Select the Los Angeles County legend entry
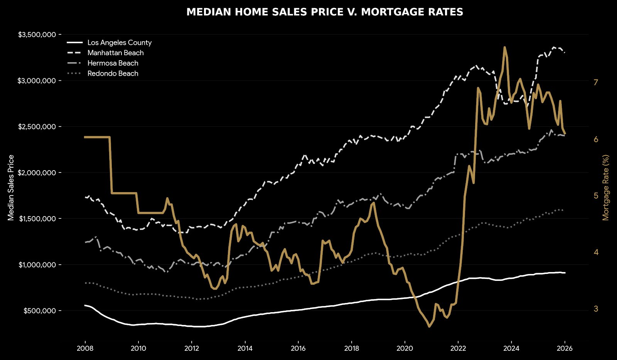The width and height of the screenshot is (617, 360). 119,43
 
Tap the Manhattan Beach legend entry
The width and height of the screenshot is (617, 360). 115,53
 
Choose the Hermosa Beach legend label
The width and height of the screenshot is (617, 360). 113,63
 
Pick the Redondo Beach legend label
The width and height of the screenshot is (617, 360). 113,74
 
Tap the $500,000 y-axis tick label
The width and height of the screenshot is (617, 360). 39,311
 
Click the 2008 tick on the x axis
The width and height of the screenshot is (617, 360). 85,349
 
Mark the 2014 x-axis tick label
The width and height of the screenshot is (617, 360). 245,349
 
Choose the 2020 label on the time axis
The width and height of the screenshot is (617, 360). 405,349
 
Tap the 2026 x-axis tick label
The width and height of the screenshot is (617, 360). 565,349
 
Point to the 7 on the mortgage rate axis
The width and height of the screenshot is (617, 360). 596,82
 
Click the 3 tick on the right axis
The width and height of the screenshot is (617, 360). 596,309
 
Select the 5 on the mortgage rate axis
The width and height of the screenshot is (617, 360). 596,196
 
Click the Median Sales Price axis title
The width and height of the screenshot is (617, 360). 11,188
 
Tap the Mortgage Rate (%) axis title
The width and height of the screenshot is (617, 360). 606,188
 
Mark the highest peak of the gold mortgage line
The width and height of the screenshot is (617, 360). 504,47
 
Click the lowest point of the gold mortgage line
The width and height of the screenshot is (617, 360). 429,326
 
